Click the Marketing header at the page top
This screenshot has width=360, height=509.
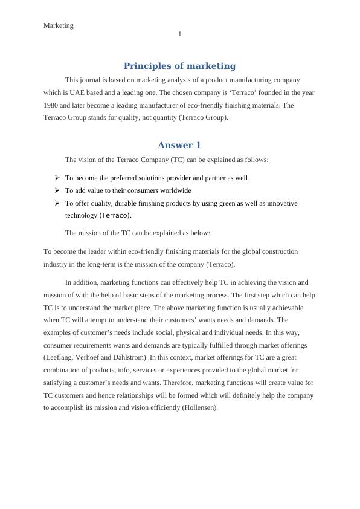pos(59,25)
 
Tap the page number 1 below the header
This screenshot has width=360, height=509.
pos(179,34)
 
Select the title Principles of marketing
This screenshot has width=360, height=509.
pos(179,66)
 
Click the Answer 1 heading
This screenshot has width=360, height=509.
pos(179,145)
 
